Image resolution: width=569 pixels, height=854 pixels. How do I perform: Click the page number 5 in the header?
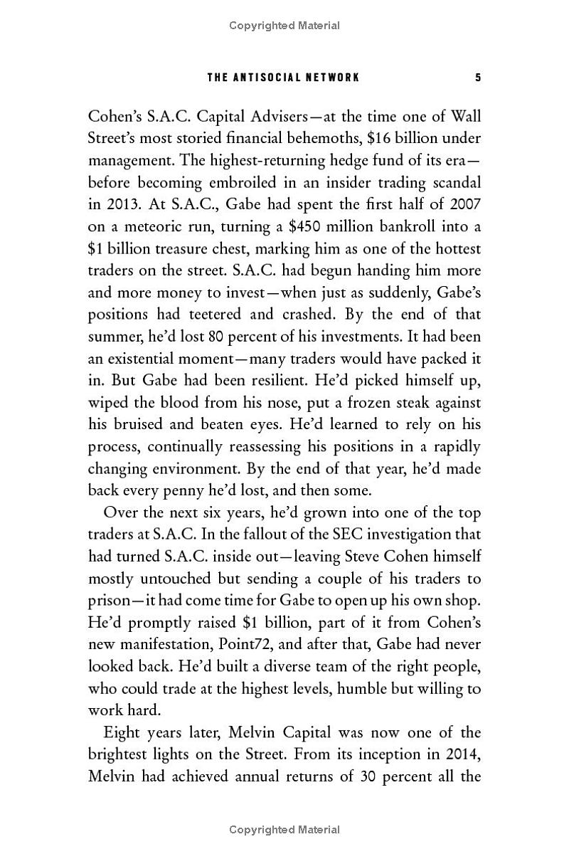click(x=478, y=77)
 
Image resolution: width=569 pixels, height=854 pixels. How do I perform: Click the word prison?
click(x=110, y=601)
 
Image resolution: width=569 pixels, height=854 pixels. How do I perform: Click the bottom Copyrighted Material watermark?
click(x=284, y=829)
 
